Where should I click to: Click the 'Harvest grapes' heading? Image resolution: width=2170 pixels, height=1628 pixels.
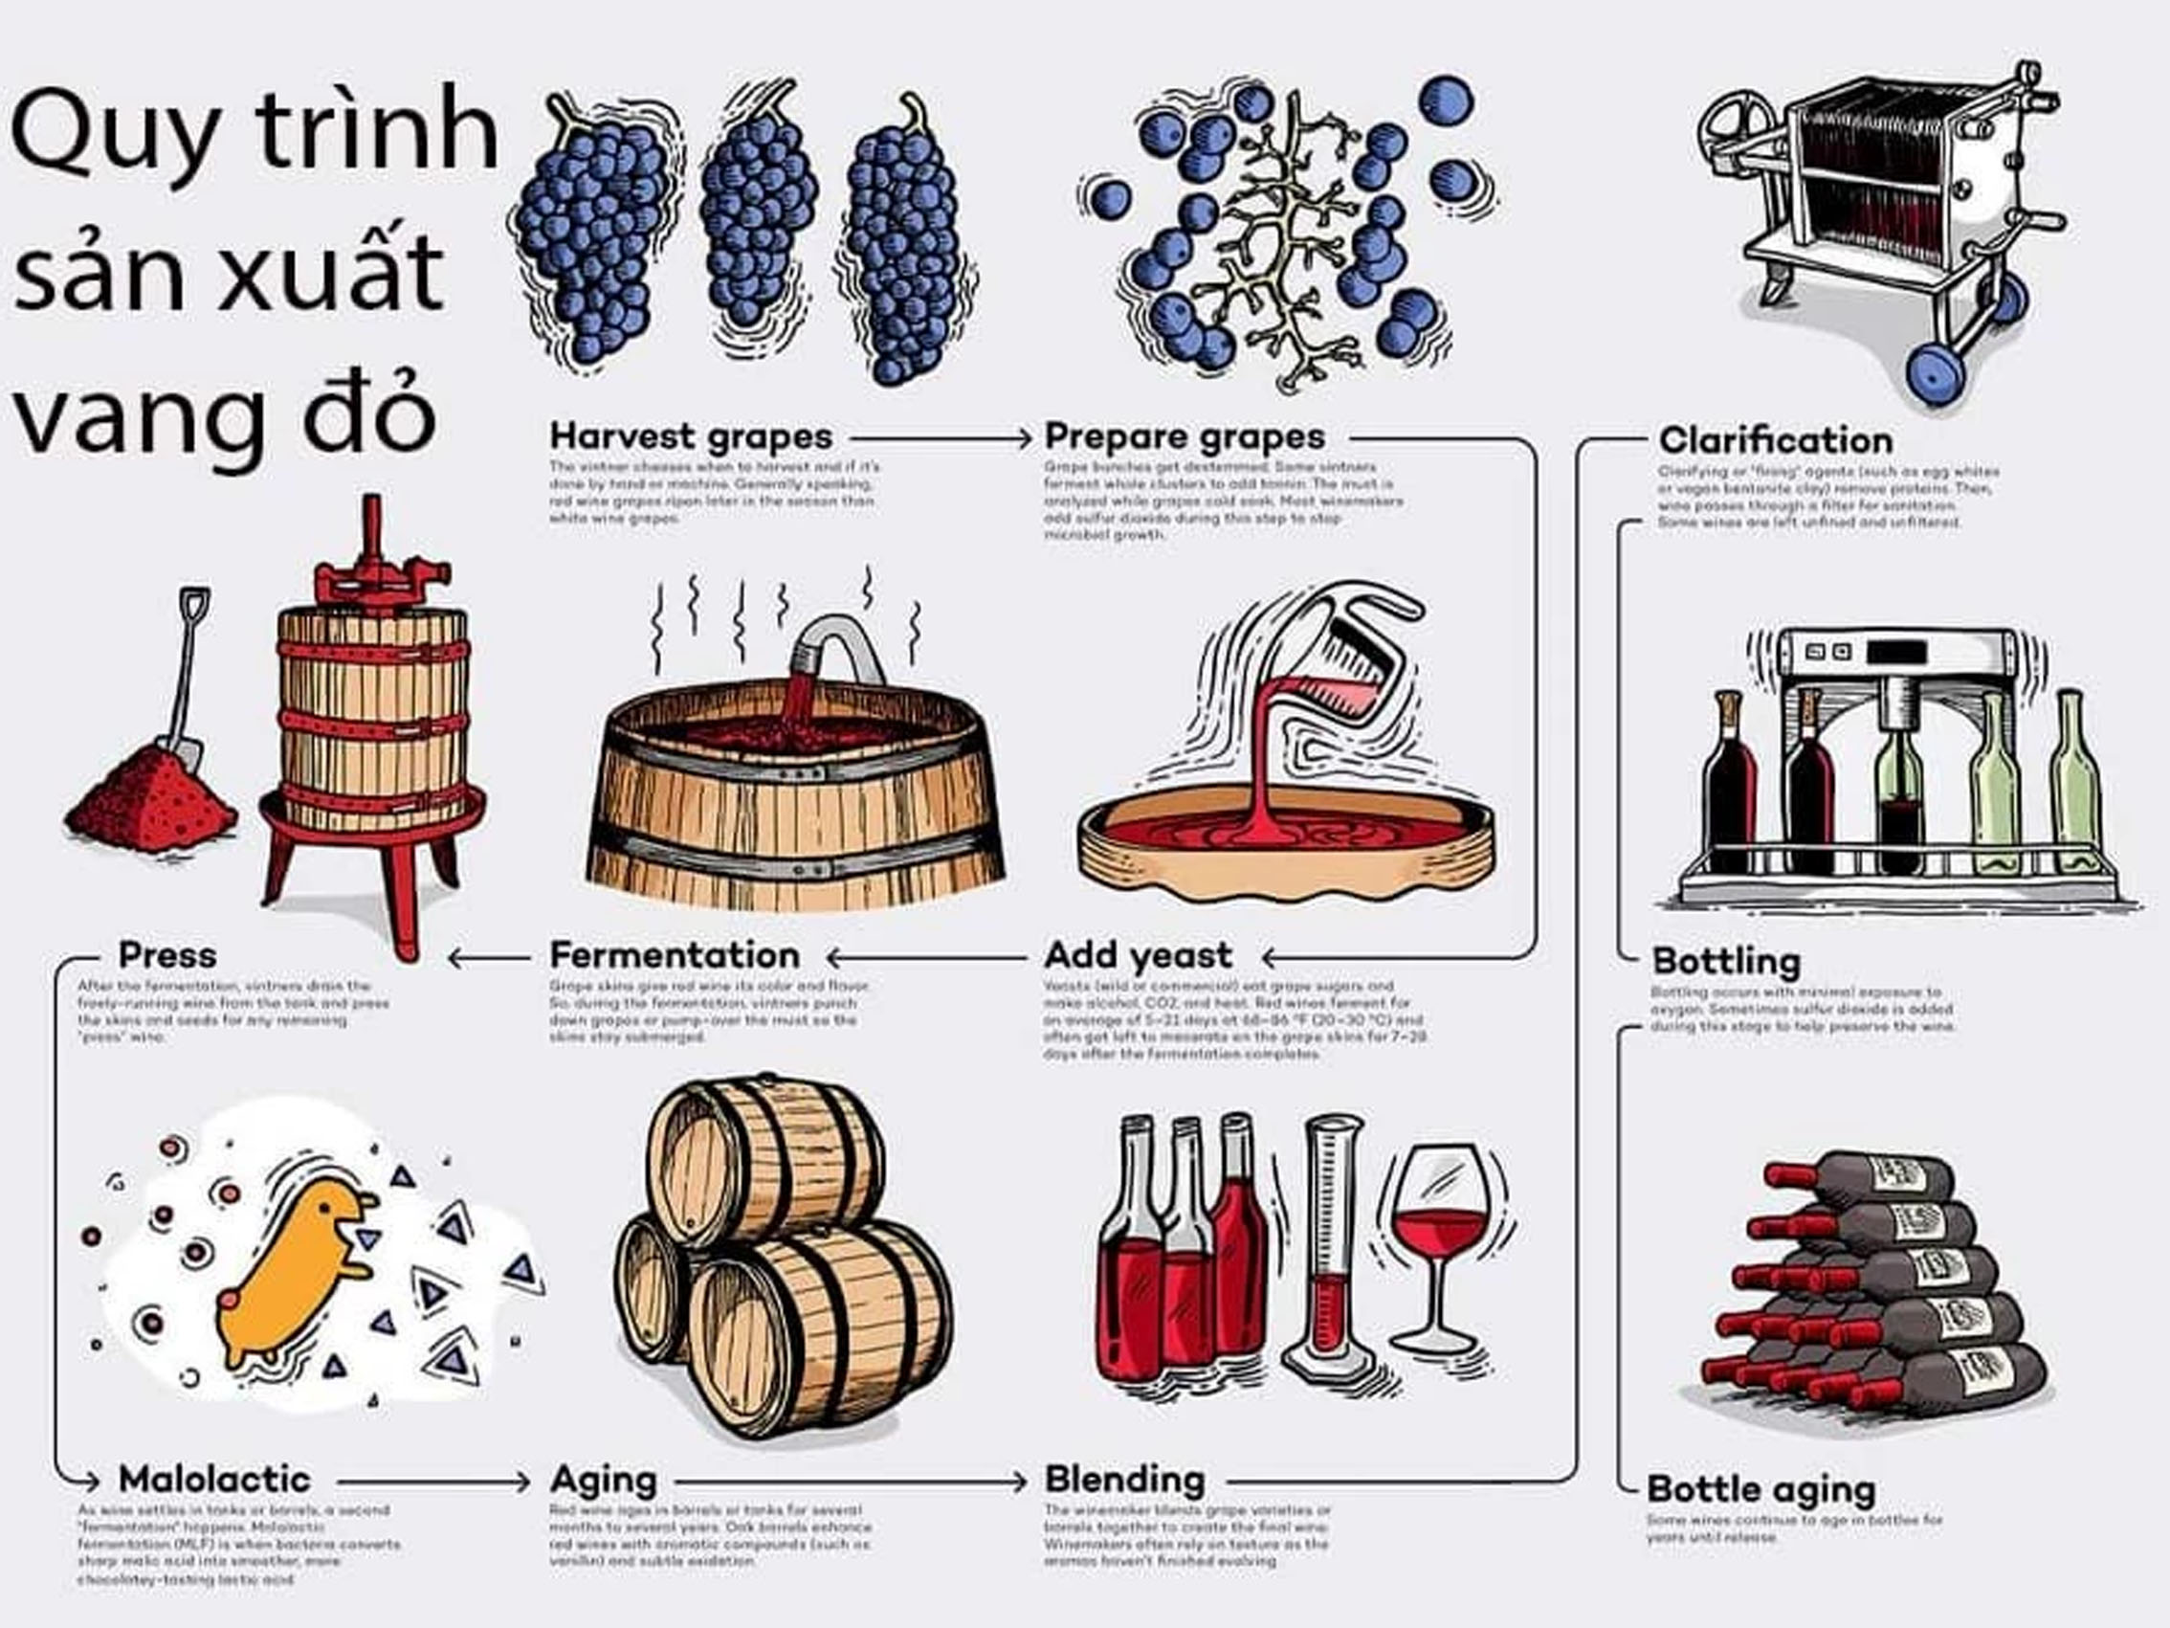[691, 436]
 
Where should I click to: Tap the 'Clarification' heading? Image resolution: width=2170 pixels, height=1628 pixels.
[1775, 440]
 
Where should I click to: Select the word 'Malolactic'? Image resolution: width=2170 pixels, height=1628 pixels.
[214, 1479]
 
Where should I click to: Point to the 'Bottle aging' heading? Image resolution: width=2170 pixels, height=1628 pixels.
[1760, 1489]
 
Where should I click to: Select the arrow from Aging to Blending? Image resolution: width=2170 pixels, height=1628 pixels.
[850, 1481]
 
